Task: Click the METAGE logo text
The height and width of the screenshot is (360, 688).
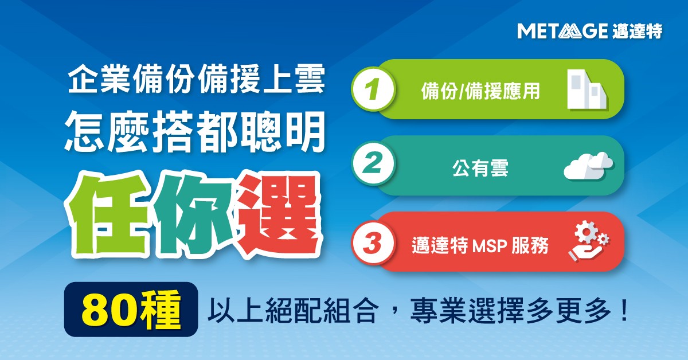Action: click(561, 31)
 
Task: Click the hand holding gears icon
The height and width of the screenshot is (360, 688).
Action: click(588, 242)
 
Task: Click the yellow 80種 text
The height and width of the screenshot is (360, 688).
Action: click(131, 310)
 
